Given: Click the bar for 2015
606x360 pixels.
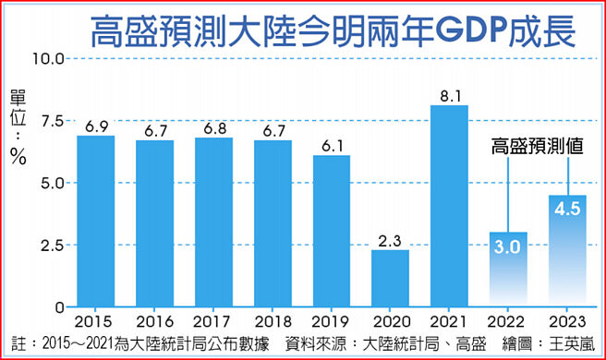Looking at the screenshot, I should point(95,222).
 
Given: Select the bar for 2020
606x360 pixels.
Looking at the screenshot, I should point(390,278).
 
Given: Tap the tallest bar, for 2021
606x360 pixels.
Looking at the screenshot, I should point(449,206).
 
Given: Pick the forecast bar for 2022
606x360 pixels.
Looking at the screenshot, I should point(508,270).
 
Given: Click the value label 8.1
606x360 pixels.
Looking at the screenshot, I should point(449,94).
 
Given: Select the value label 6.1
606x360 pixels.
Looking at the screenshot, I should point(331,145).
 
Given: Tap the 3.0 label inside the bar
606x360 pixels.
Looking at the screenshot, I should point(508,246).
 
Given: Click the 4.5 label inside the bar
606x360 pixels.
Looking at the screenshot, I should point(567,209).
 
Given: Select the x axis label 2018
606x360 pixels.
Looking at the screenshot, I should point(273,321).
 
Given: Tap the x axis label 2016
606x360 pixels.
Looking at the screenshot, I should point(154,321).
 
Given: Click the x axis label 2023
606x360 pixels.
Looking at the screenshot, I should point(567,321).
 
